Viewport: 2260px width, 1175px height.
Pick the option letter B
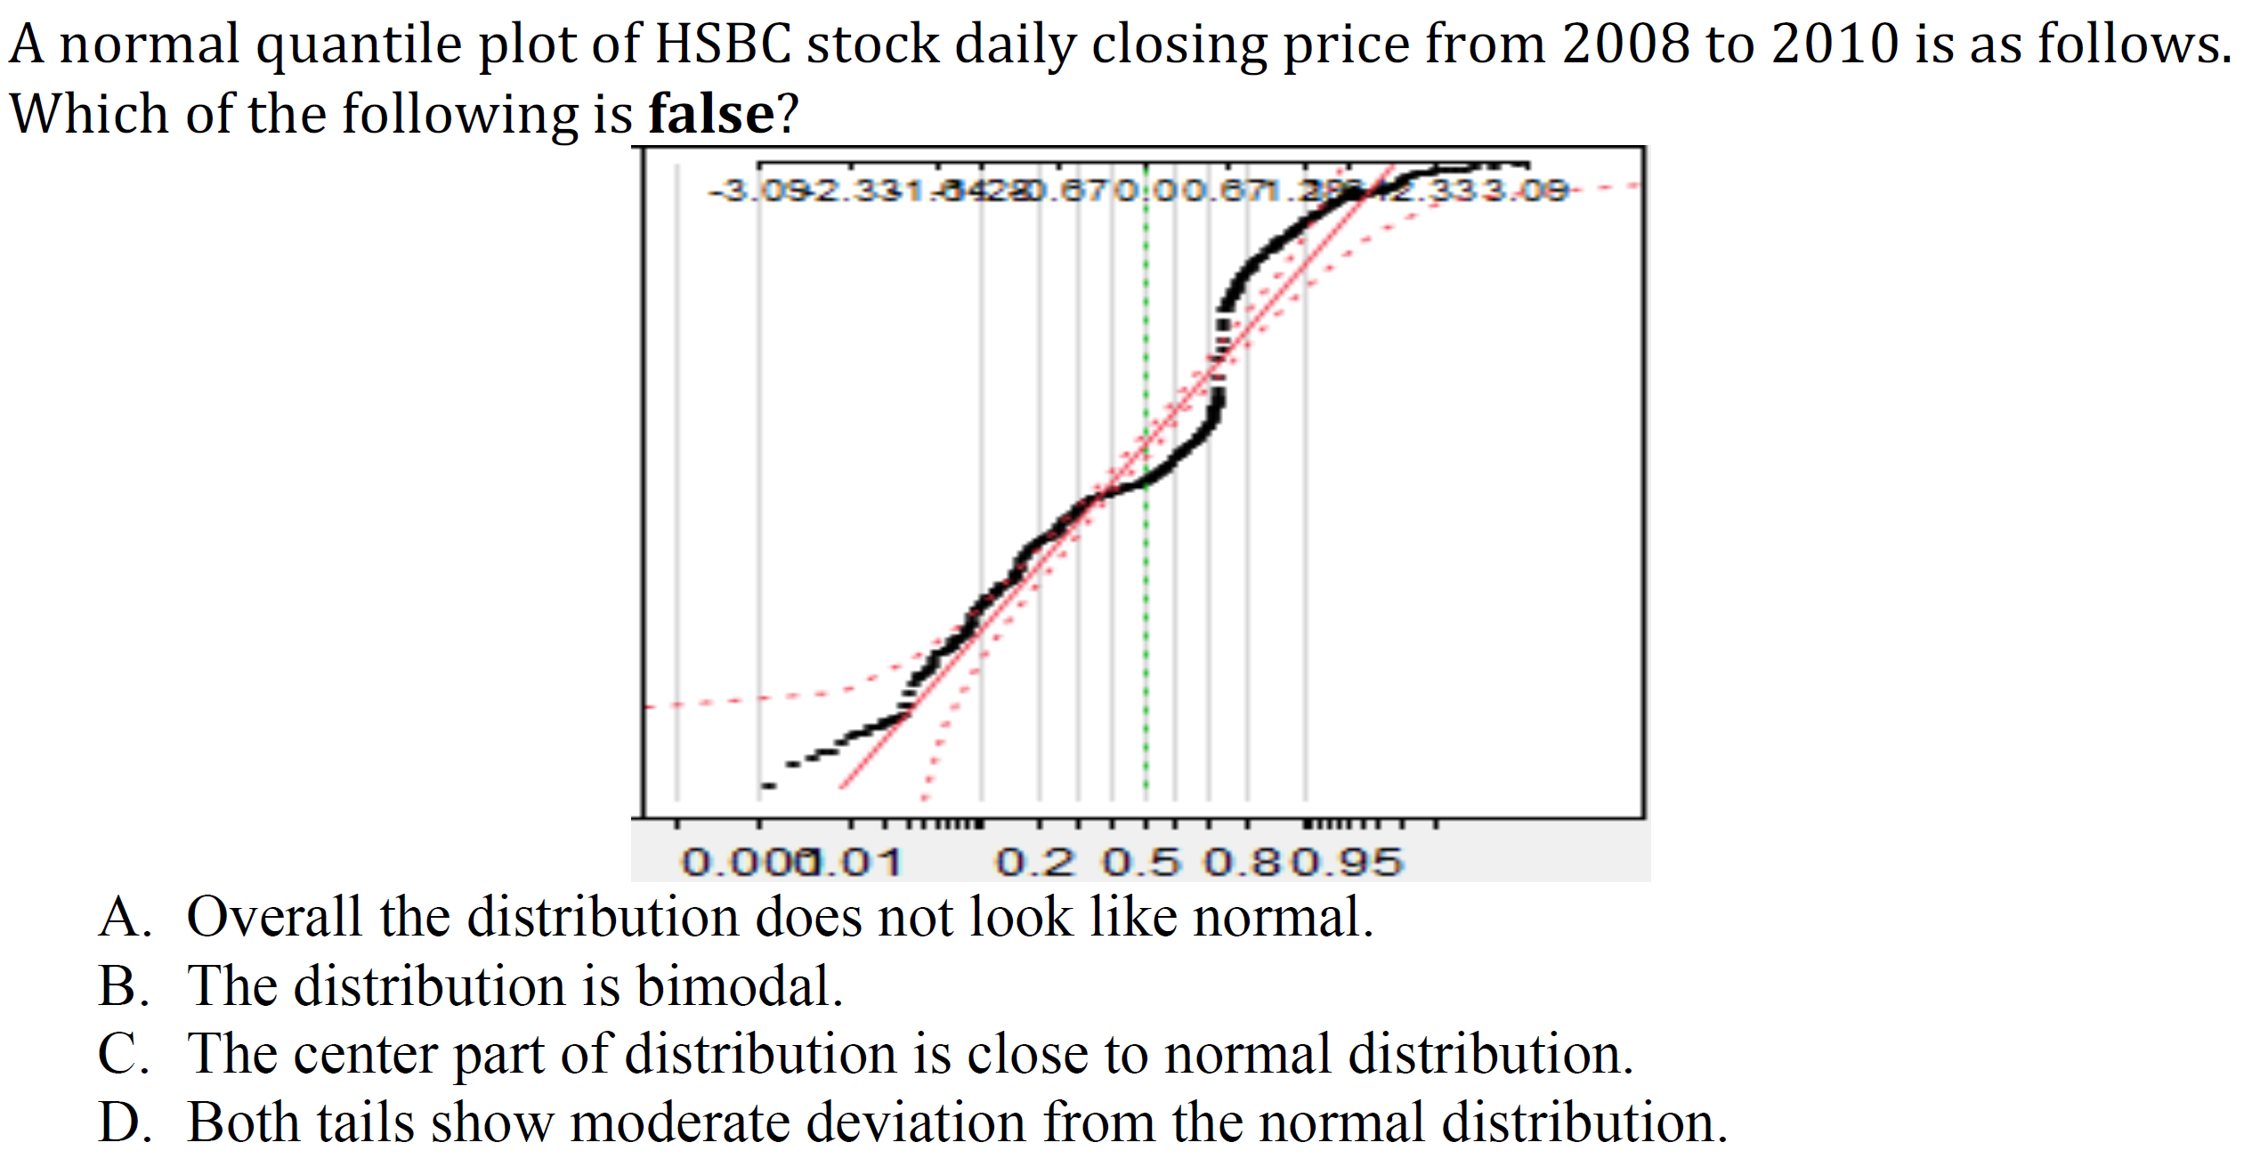pyautogui.click(x=123, y=986)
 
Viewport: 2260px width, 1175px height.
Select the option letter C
pyautogui.click(x=123, y=1054)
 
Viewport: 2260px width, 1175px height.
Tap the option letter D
pyautogui.click(x=123, y=1122)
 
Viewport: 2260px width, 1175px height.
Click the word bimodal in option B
pyautogui.click(x=739, y=986)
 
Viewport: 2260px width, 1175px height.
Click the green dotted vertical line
pyautogui.click(x=1146, y=623)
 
